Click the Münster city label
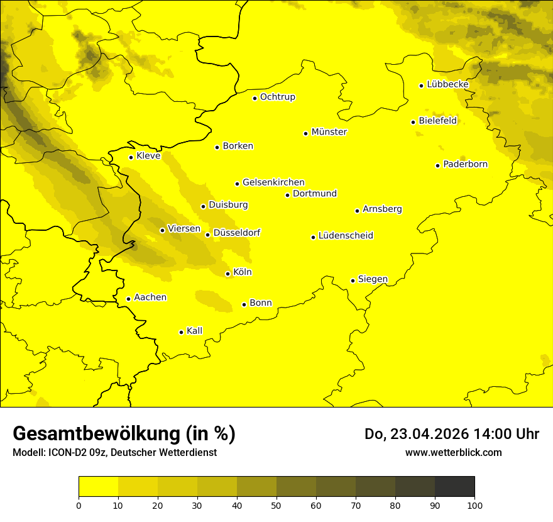tap(329, 132)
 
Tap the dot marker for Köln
tap(227, 274)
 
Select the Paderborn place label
tap(465, 164)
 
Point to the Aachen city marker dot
tap(128, 299)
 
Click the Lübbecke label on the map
tap(447, 84)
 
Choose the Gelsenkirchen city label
tap(273, 182)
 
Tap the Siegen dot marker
tap(353, 280)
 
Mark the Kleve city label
tap(148, 156)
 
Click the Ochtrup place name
tap(277, 97)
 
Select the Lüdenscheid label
tap(346, 236)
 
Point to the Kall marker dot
tap(181, 332)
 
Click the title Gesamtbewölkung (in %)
tap(124, 434)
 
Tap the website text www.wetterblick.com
tap(453, 452)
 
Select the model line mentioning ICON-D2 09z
tap(114, 452)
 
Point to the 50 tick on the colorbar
tap(276, 505)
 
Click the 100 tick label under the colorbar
tap(474, 505)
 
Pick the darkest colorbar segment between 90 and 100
tap(454, 486)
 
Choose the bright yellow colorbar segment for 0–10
tap(98, 486)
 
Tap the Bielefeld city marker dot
tap(413, 122)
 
